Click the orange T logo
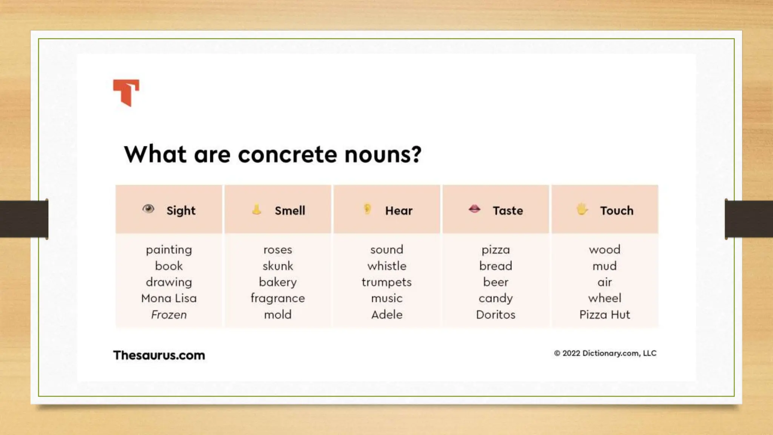tap(126, 92)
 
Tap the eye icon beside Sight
tap(148, 209)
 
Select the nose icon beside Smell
tap(257, 209)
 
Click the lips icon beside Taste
tap(474, 209)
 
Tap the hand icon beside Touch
tap(582, 209)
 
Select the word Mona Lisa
tap(169, 298)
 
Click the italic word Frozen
tap(169, 315)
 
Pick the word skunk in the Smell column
tap(278, 266)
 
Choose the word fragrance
tap(278, 298)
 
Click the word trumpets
tap(386, 282)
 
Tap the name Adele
tap(386, 315)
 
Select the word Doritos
tap(496, 315)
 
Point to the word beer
tap(496, 282)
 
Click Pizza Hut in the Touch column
tap(605, 315)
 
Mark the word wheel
tap(605, 298)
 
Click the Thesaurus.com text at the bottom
tap(159, 355)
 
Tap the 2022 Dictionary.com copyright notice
tap(605, 353)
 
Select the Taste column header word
tap(508, 211)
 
